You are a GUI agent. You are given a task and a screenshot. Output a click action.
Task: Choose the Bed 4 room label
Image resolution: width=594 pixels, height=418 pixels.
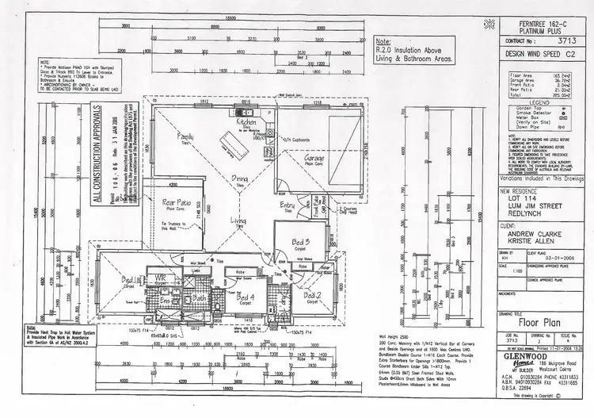[247, 296]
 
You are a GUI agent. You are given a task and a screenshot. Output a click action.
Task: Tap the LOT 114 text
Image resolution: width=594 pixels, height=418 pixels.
[518, 200]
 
